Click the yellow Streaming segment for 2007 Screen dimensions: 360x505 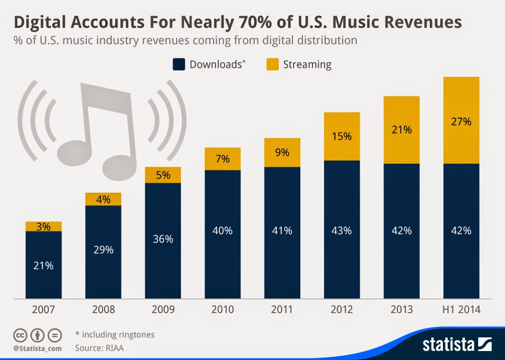tap(44, 226)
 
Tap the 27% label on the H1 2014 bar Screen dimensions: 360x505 tap(461, 122)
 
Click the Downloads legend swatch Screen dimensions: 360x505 tap(178, 65)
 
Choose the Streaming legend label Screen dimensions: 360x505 tap(307, 65)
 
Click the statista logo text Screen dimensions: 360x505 tap(448, 345)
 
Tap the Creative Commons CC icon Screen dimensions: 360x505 tap(20, 335)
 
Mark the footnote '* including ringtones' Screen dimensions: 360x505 tap(115, 334)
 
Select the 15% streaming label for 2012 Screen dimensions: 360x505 tap(342, 136)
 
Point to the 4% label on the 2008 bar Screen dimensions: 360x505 tap(103, 199)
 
